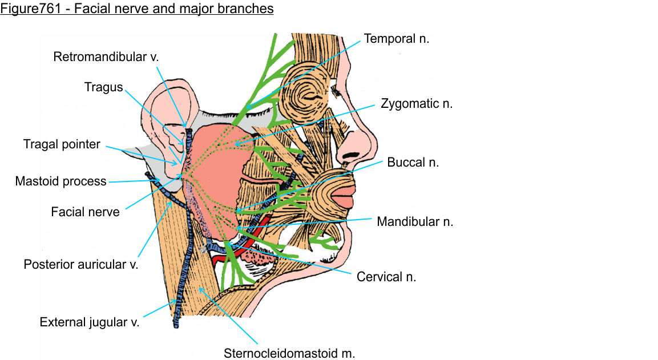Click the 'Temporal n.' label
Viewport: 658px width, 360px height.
[396, 39]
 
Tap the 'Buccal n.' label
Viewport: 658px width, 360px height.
[413, 162]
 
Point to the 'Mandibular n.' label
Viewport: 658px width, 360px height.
[415, 222]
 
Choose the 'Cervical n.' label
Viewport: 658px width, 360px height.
[386, 277]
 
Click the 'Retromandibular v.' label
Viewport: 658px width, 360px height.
[106, 56]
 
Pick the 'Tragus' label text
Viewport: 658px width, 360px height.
[104, 87]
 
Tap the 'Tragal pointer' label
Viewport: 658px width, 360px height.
[62, 144]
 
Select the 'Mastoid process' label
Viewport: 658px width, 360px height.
[60, 181]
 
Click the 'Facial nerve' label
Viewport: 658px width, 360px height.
[85, 212]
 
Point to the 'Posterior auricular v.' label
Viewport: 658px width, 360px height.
[80, 265]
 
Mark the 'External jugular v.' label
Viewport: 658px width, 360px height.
[90, 322]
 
